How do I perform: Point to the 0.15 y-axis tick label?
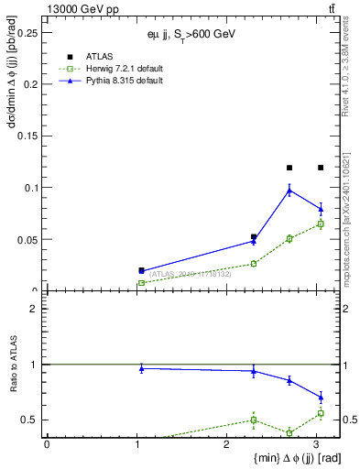pos(27,136)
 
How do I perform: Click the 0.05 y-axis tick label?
pos(27,240)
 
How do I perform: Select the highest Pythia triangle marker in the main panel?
pos(289,190)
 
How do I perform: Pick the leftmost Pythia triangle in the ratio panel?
pos(141,368)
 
